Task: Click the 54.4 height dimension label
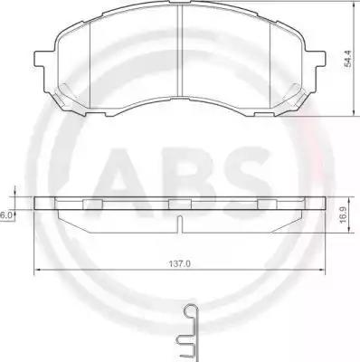[x=348, y=59]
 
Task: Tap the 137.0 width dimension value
[x=179, y=263]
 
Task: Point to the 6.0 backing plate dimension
[x=5, y=215]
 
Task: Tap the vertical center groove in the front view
[x=180, y=51]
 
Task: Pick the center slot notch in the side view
[x=180, y=224]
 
